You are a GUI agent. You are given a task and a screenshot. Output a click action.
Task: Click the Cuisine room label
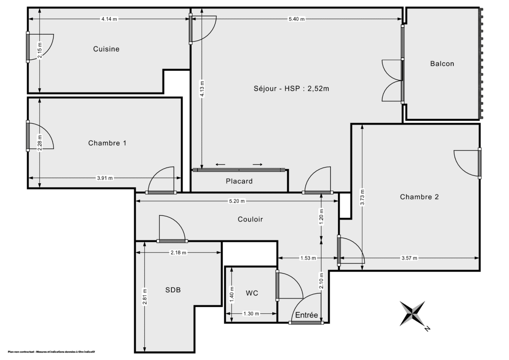[106, 49]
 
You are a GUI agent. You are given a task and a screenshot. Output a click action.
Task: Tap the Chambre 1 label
[107, 143]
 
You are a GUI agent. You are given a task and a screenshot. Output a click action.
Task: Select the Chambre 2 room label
[419, 197]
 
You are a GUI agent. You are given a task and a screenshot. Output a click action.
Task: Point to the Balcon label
[442, 64]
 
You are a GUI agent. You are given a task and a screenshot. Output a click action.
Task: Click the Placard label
[239, 181]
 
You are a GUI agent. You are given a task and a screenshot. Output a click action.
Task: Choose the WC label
[252, 293]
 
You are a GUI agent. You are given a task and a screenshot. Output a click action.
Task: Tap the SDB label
[173, 290]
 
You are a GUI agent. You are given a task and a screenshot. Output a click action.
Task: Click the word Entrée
[306, 315]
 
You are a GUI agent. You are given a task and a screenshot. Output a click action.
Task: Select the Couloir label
[250, 220]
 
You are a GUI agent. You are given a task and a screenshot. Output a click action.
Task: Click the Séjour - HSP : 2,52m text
[291, 89]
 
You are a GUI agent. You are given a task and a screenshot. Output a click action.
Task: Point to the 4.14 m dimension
[109, 19]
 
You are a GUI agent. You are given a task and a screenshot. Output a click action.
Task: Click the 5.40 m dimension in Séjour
[296, 19]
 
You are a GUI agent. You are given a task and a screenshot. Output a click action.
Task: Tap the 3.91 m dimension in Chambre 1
[105, 178]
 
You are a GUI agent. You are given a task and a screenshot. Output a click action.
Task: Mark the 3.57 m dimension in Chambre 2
[409, 258]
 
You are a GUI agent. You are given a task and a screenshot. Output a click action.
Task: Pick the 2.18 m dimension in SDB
[178, 253]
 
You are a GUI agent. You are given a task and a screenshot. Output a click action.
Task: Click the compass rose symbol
[412, 314]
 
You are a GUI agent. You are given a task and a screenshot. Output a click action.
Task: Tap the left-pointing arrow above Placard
[220, 165]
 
